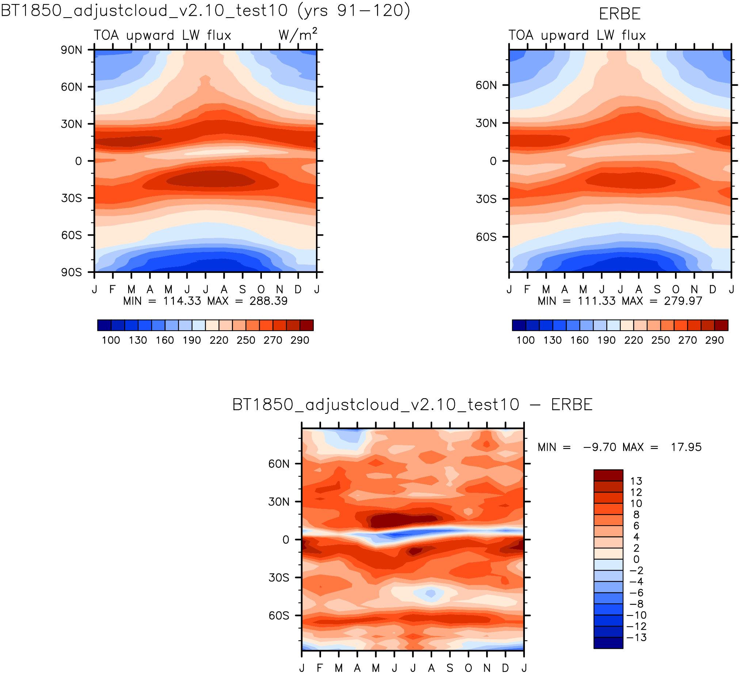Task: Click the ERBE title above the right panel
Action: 619,14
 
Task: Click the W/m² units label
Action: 298,34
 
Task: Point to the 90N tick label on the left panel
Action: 72,50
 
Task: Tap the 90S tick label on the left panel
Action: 72,273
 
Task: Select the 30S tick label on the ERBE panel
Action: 486,199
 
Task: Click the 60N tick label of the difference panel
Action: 279,464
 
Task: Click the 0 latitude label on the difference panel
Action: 286,540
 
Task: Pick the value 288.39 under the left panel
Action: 268,301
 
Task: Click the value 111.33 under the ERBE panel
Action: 596,301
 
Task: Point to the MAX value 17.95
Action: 686,447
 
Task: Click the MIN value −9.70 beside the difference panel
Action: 600,447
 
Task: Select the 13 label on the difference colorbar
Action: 636,481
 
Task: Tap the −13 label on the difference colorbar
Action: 636,637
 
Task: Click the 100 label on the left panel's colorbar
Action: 111,340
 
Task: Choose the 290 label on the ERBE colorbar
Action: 714,340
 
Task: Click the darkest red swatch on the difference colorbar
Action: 608,475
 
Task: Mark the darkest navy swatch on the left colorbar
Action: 104,325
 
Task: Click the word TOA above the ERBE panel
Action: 521,35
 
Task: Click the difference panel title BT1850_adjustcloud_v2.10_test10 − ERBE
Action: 413,404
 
